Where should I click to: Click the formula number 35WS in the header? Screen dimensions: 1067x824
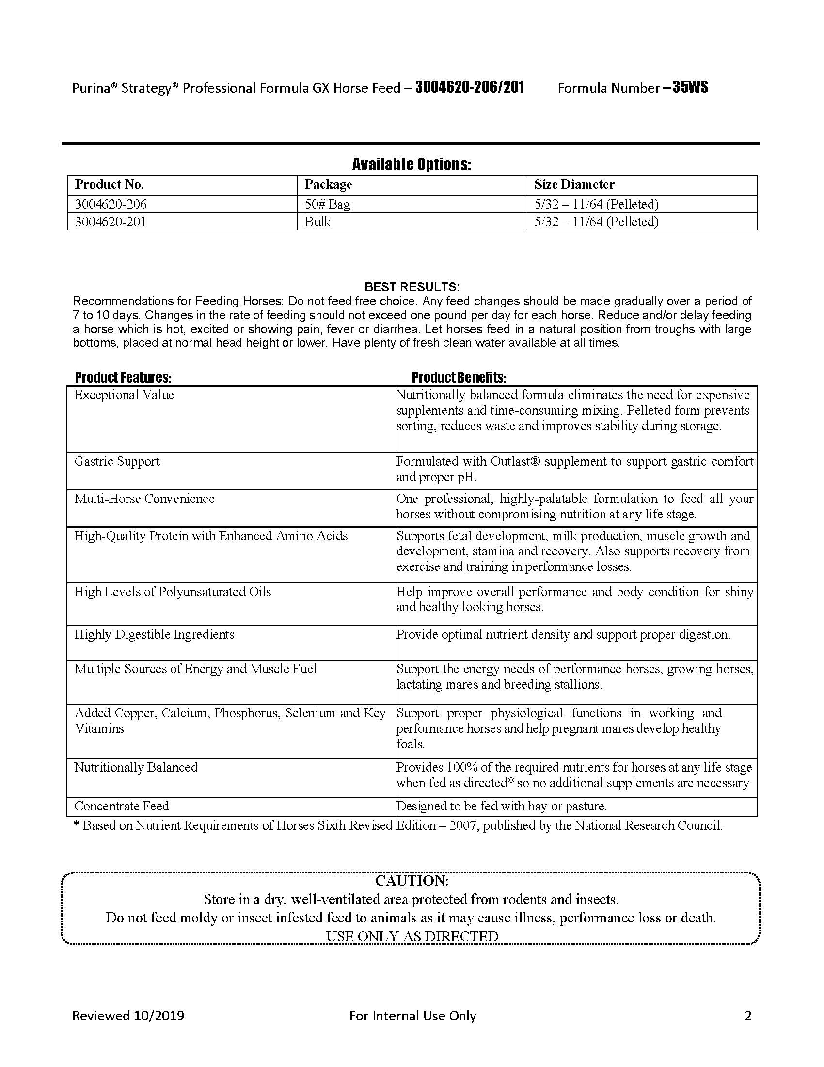click(690, 88)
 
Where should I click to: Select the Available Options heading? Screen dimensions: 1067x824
click(412, 164)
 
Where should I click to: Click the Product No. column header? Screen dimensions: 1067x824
click(110, 185)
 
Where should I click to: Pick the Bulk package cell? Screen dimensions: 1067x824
click(317, 222)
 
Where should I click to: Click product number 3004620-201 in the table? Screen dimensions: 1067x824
click(111, 222)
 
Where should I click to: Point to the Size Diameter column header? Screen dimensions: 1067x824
click(574, 185)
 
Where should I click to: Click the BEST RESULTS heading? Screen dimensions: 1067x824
click(412, 287)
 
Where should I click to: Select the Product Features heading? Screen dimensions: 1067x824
click(123, 378)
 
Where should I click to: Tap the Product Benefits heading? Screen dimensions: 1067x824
click(459, 378)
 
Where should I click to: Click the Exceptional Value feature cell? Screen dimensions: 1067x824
click(124, 395)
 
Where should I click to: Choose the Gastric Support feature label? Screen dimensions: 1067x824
click(117, 461)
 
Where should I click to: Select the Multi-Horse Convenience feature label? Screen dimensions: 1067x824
click(144, 499)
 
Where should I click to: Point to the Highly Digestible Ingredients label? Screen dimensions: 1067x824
click(154, 635)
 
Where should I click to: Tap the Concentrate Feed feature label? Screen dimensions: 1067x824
click(122, 806)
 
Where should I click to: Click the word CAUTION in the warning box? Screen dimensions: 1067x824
click(412, 881)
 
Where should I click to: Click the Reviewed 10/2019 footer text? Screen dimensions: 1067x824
click(128, 1016)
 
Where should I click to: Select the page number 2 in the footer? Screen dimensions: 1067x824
click(748, 1016)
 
